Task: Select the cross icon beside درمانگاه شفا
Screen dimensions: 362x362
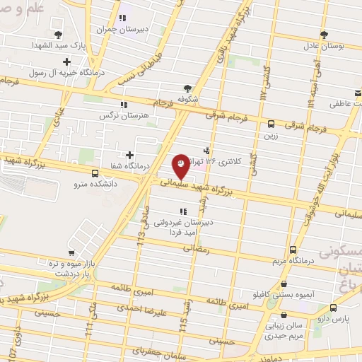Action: pos(129,155)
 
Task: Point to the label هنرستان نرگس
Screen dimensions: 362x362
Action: pos(106,114)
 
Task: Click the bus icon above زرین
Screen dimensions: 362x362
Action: pos(271,122)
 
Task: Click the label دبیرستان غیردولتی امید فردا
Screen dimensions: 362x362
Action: pos(183,226)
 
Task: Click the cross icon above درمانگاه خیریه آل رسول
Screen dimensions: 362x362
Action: pos(66,61)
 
